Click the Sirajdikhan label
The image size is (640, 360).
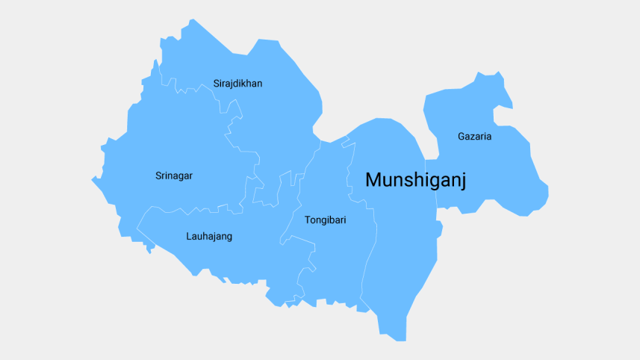point(237,84)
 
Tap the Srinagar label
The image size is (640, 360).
point(174,176)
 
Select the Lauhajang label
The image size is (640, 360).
point(209,237)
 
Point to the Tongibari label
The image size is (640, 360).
point(326,220)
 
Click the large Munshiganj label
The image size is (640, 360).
point(416,180)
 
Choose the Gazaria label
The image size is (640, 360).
point(475,137)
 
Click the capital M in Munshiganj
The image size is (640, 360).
point(373,179)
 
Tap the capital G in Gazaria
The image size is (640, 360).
point(462,137)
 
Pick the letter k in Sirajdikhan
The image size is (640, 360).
point(244,84)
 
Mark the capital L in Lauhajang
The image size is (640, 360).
point(189,237)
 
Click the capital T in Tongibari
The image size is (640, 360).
point(308,220)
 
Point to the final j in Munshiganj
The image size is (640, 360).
point(462,181)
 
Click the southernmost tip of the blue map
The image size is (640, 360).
point(400,341)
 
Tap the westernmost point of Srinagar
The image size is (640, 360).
point(92,179)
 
